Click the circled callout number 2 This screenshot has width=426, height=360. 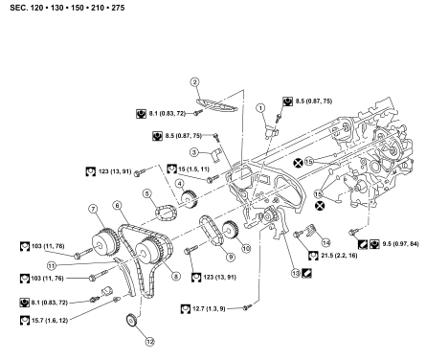pyautogui.click(x=194, y=82)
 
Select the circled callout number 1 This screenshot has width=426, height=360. pyautogui.click(x=261, y=108)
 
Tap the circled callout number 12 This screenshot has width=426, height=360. pyautogui.click(x=149, y=342)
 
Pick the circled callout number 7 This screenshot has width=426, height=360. pyautogui.click(x=93, y=209)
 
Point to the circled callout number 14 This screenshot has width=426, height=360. pyautogui.click(x=325, y=243)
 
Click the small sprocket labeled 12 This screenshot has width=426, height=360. pyautogui.click(x=131, y=321)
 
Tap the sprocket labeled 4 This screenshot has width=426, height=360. pyautogui.click(x=189, y=199)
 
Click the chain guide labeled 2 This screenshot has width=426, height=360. pyautogui.click(x=216, y=105)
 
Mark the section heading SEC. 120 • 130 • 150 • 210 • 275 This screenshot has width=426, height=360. pyautogui.click(x=67, y=8)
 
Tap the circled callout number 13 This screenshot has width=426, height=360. pyautogui.click(x=296, y=273)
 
